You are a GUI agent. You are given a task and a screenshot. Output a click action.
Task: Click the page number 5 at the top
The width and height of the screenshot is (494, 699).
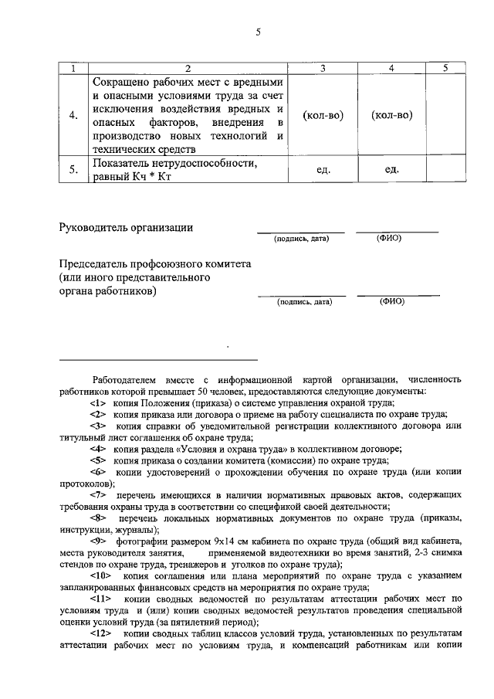pos(259,32)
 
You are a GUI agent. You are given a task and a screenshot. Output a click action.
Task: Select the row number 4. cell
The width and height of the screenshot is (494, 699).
pos(73,115)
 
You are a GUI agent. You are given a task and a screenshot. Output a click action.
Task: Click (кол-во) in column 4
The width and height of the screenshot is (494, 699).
pos(391,115)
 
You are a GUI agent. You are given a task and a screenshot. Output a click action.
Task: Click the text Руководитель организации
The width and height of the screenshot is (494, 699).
pos(127,227)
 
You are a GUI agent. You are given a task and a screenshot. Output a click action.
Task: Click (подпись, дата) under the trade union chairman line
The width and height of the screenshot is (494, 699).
pos(305,302)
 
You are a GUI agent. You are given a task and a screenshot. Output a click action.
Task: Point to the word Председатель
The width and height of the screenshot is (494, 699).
pos(94,263)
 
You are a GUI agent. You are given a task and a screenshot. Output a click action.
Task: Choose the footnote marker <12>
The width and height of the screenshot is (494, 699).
pos(101,633)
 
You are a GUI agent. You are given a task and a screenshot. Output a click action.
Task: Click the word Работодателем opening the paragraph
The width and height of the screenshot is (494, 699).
pos(127,380)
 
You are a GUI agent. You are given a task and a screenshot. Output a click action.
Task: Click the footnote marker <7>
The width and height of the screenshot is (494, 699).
pos(99,494)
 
